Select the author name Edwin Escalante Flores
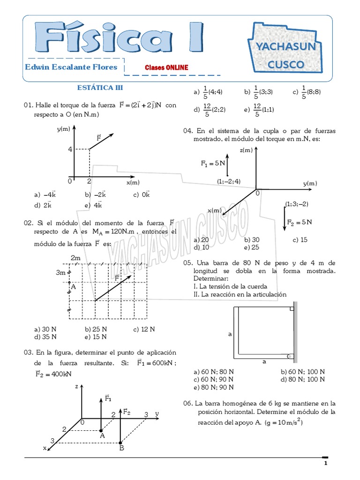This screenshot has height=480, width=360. point(71,67)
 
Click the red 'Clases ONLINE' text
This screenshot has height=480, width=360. point(166,67)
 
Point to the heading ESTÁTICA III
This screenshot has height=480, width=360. point(100,88)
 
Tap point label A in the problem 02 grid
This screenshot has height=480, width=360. point(73,287)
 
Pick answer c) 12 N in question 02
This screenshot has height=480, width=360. point(144,329)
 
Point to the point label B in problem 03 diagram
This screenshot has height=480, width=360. point(121,448)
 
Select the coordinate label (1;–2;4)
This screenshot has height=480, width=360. point(229,181)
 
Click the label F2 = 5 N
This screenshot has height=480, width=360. point(300,222)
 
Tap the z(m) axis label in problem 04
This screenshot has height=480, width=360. point(246,150)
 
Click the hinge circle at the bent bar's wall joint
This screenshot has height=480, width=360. point(290,356)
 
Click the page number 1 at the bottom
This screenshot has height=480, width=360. point(325,464)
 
